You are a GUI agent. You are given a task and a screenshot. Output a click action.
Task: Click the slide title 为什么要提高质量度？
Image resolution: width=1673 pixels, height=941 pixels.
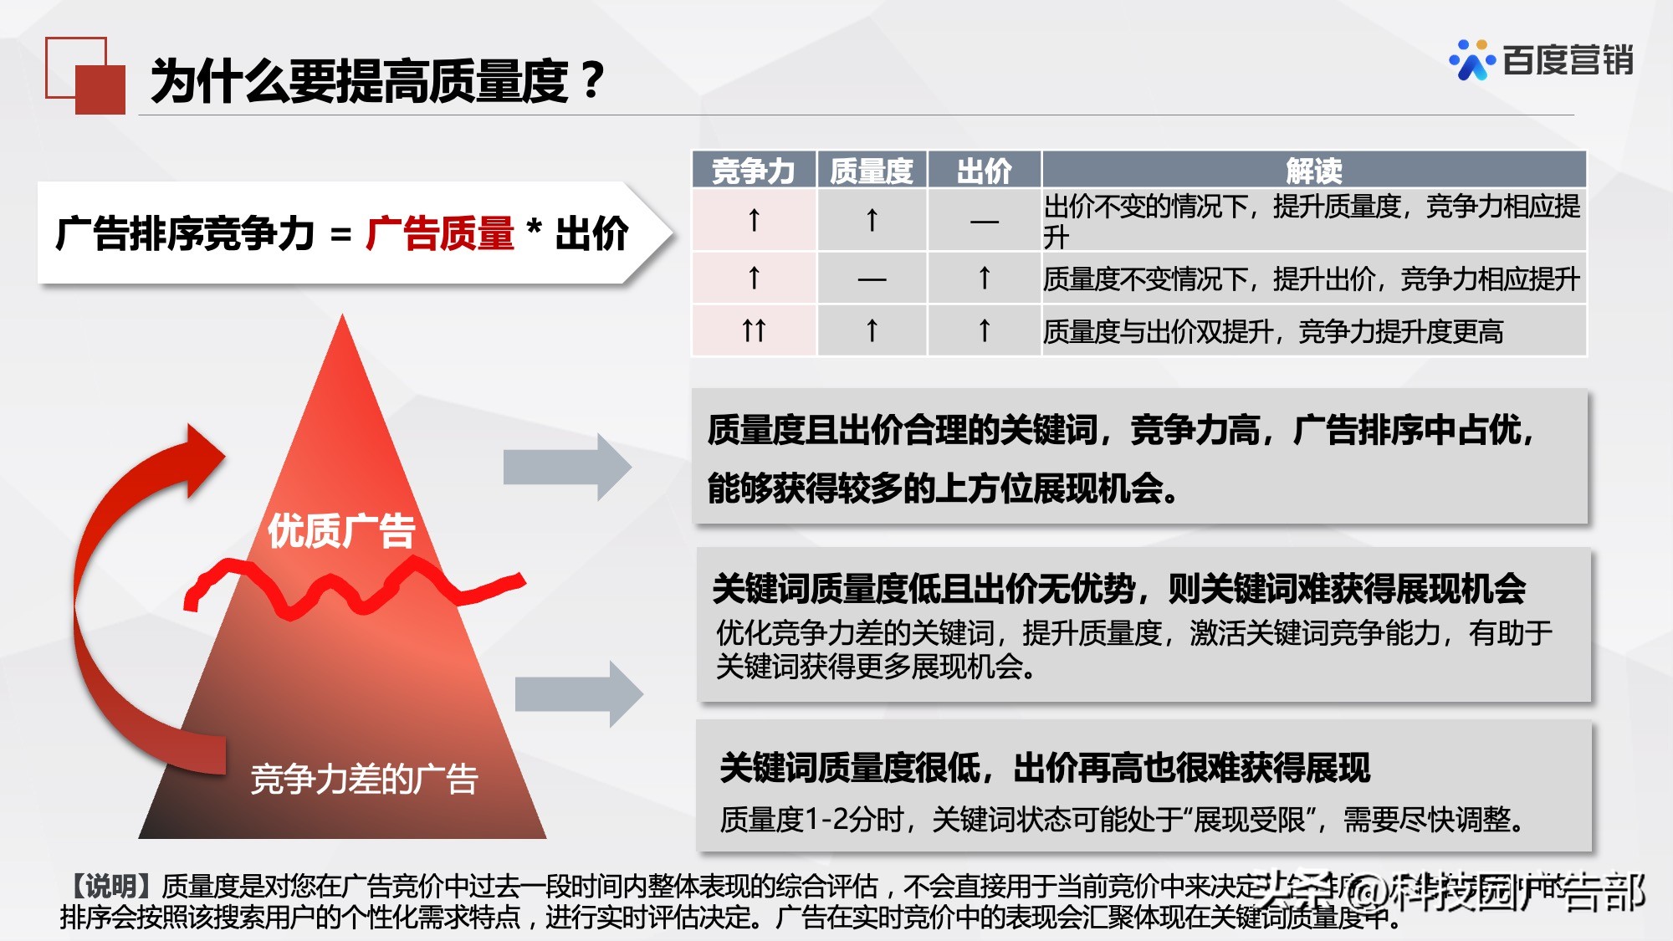[376, 81]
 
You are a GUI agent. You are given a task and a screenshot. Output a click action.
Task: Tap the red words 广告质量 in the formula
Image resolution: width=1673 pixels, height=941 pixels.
[440, 233]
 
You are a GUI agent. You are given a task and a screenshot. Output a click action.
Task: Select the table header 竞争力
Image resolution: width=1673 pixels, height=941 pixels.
[753, 171]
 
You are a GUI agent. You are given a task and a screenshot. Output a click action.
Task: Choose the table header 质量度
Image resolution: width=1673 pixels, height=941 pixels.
[872, 171]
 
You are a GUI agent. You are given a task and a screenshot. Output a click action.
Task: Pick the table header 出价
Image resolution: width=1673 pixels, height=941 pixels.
[984, 171]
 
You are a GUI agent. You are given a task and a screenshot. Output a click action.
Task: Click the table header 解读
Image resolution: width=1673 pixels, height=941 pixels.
[1313, 171]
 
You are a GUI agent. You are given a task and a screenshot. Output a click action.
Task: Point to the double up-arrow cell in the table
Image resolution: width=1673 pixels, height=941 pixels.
[754, 331]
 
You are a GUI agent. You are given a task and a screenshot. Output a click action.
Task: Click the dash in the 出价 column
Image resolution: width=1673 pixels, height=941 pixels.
[984, 222]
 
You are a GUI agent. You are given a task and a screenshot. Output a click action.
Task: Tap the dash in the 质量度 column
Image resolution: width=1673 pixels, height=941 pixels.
[872, 279]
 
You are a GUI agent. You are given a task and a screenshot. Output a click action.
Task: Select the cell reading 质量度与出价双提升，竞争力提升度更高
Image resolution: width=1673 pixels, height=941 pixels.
[1272, 332]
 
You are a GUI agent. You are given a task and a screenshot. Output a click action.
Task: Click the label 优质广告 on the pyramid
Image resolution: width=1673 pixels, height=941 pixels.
[341, 530]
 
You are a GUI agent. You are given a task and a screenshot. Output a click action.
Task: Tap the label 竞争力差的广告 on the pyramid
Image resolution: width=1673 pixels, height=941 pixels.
[364, 779]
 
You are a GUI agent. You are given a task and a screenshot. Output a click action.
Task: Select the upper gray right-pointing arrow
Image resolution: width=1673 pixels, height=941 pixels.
[567, 467]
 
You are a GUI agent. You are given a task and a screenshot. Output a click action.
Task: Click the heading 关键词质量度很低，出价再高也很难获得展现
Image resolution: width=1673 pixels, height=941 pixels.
[1045, 767]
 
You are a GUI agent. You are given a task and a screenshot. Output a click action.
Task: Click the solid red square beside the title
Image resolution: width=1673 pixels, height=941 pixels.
[100, 89]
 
